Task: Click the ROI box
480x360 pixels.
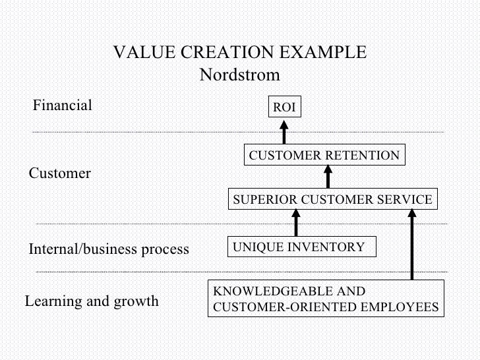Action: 285,107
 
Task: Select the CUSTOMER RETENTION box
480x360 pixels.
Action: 324,156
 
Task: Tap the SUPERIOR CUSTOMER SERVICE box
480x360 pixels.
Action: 332,199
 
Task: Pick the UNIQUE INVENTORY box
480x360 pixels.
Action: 301,247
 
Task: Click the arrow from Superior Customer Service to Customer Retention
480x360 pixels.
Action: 328,177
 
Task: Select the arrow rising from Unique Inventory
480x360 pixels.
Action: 296,223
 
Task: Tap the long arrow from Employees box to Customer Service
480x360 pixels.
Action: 413,244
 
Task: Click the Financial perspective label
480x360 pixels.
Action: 63,105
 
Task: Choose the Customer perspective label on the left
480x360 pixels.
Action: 59,174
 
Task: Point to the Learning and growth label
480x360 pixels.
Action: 92,301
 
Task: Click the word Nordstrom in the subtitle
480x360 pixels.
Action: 239,73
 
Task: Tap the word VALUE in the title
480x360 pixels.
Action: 140,53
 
